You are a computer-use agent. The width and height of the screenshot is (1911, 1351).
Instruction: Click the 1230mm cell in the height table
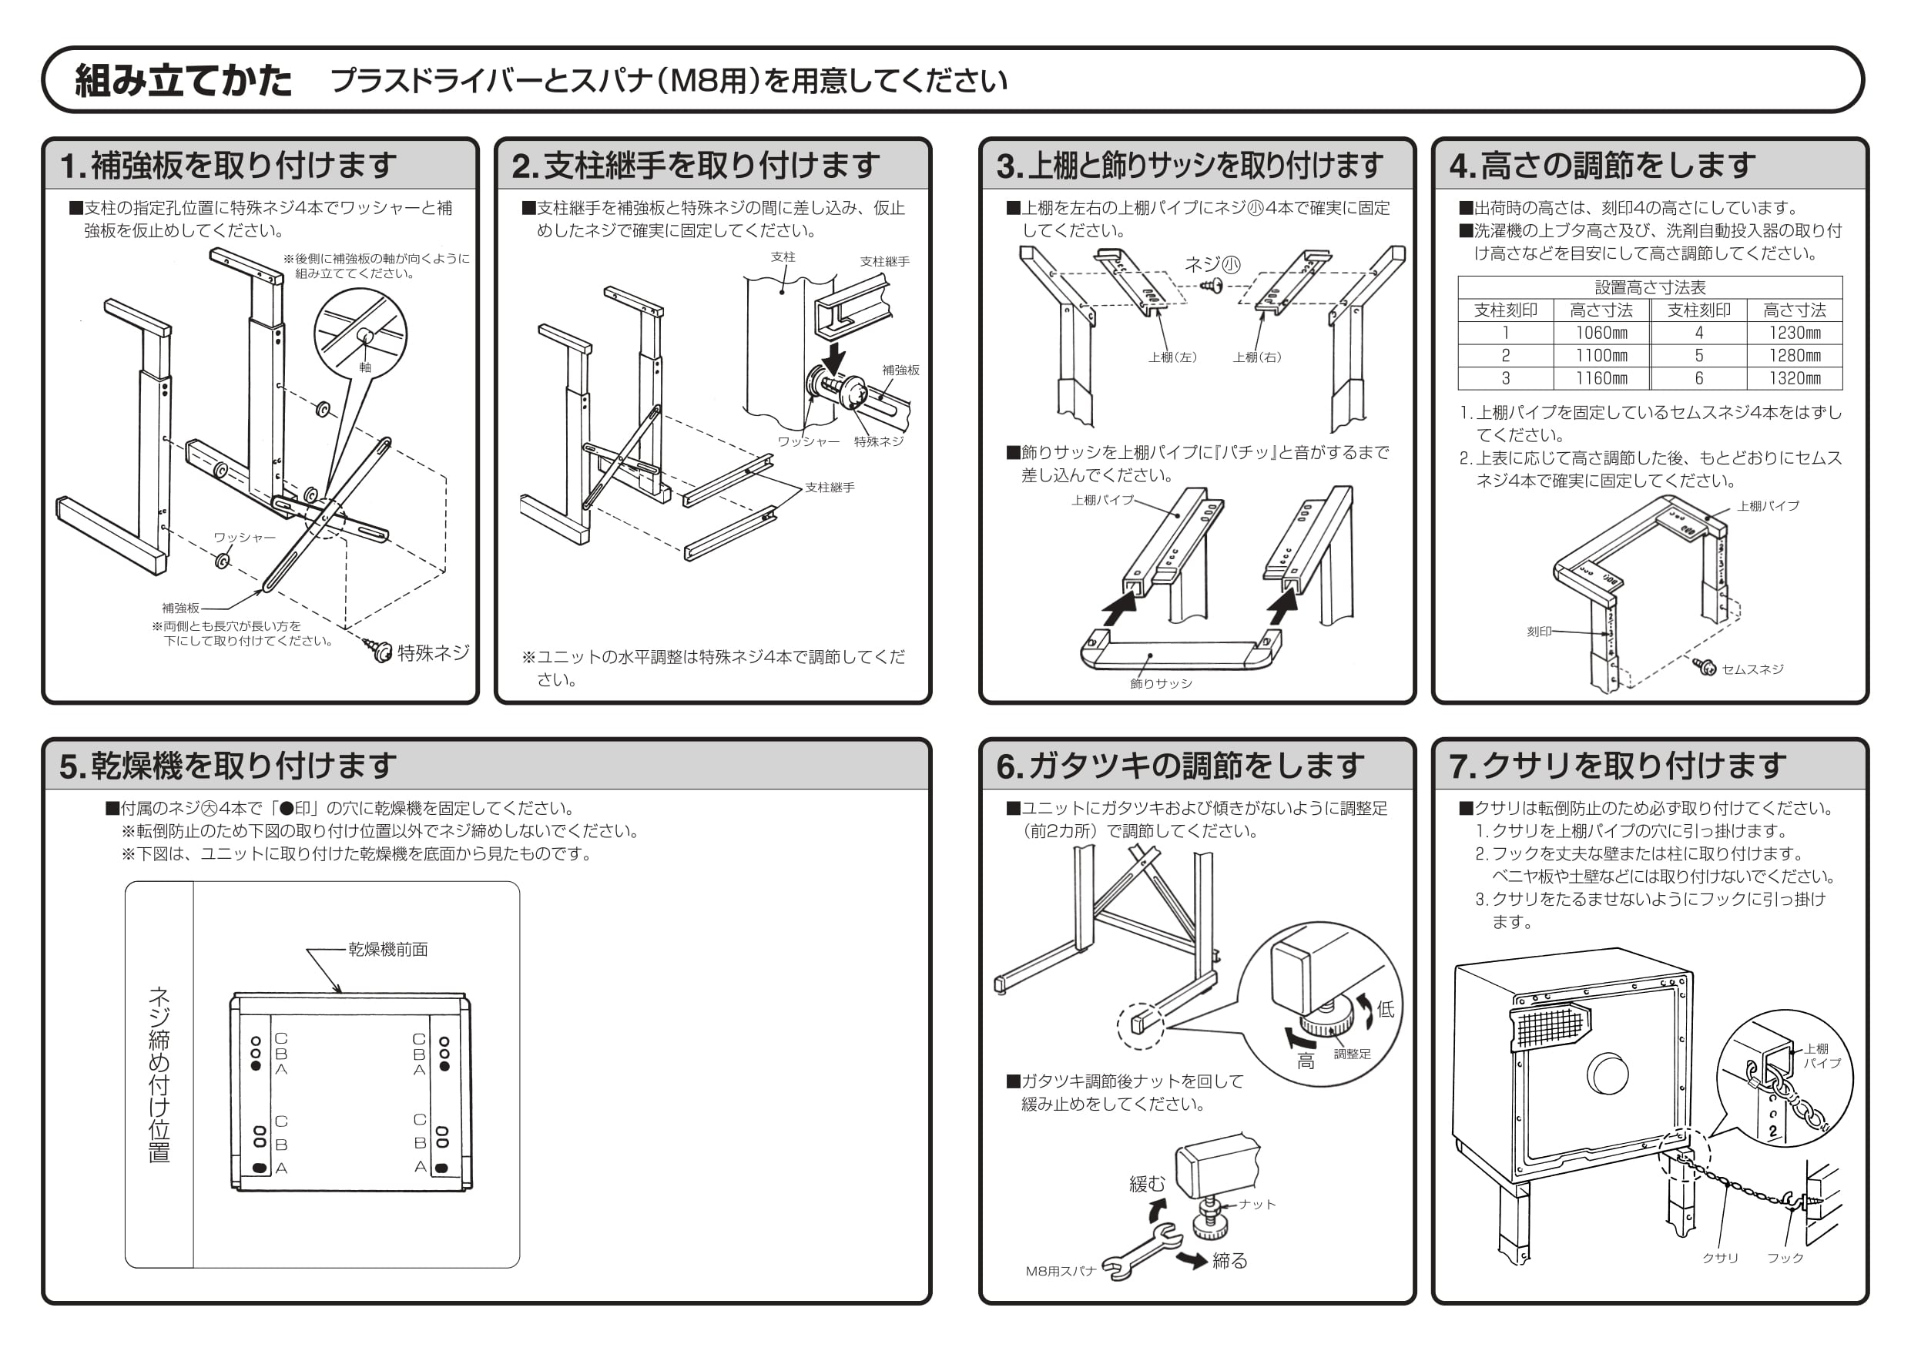pos(1795,333)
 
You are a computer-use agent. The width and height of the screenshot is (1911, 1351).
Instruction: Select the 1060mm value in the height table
pos(1601,333)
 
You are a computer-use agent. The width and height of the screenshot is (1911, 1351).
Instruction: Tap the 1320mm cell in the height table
pos(1795,378)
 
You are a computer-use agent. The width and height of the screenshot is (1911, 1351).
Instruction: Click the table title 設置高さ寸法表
pos(1650,287)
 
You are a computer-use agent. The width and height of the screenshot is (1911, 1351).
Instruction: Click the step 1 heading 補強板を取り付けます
pos(243,166)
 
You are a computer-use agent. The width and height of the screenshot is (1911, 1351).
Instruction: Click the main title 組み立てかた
pos(184,81)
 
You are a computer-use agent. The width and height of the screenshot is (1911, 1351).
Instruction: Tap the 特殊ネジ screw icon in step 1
pos(380,650)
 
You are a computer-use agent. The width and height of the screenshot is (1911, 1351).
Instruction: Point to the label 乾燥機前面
pos(388,950)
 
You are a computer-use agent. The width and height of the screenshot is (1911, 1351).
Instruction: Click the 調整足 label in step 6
pos(1352,1054)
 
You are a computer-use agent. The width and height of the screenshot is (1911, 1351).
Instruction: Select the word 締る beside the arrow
pos(1229,1260)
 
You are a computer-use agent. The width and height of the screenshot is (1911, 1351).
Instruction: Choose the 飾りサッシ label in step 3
pos(1160,683)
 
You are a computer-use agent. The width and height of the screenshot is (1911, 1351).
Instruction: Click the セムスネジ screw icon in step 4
pos(1705,667)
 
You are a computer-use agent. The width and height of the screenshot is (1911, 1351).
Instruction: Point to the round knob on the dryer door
pos(1608,1073)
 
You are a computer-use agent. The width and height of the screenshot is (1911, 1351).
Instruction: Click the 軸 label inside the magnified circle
pos(364,367)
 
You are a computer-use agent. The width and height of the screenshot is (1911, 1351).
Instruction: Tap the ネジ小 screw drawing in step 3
pos(1211,287)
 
